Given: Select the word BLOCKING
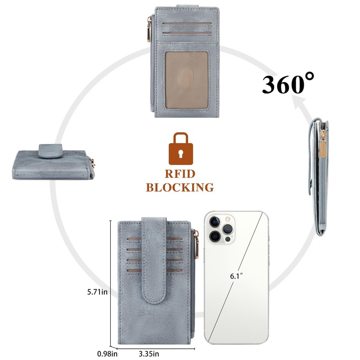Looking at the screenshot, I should point(180,187).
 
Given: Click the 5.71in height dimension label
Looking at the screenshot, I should point(98,292).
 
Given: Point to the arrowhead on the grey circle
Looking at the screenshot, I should point(298,104).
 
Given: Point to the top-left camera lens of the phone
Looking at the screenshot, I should point(216,221).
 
